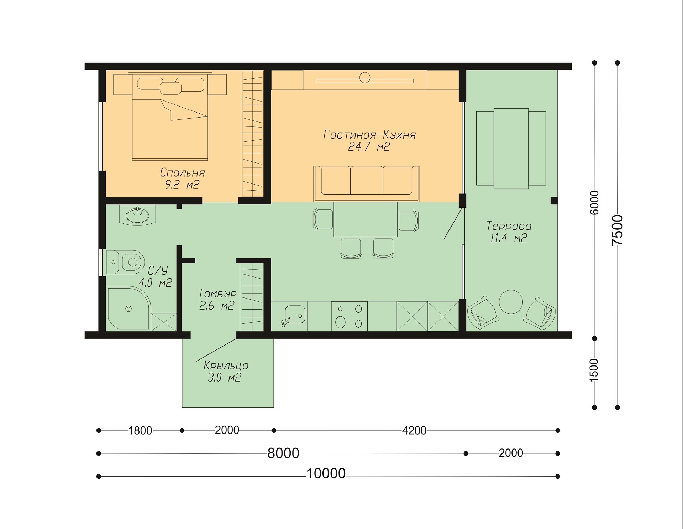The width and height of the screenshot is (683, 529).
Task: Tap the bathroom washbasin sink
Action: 137,215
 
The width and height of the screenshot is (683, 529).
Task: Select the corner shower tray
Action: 129,308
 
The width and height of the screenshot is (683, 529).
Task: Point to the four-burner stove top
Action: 349,316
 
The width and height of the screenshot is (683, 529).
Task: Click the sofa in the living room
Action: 367,183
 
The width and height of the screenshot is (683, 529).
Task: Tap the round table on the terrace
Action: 511,302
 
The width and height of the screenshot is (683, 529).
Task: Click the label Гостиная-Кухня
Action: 369,134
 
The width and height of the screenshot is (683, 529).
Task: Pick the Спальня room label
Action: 182,173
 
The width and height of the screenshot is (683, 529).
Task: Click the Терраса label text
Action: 509,226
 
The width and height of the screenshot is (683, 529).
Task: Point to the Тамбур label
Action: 217,293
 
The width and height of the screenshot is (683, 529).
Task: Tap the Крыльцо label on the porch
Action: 226,365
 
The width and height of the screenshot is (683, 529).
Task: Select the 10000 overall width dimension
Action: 326,473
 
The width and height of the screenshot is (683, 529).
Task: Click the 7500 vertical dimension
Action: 618,230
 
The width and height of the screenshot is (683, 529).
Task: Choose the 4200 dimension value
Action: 414,431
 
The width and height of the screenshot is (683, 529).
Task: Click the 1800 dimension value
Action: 140,431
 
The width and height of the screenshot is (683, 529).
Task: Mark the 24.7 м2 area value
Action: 369,146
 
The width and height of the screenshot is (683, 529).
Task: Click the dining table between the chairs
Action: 366,219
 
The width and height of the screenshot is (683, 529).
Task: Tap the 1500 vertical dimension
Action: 594,370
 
